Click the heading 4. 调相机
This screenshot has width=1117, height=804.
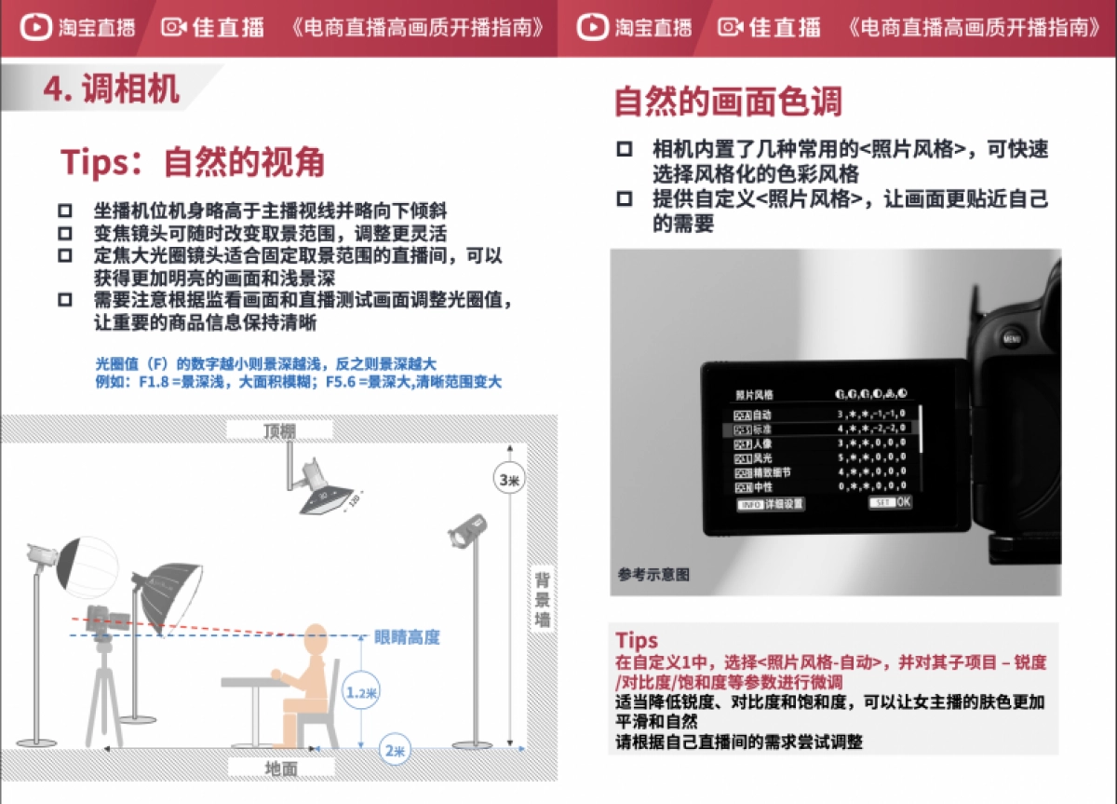pos(112,89)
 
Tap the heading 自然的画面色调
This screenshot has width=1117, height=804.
pos(728,101)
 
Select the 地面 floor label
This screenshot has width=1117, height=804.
pos(281,768)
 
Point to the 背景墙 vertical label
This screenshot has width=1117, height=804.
pos(543,599)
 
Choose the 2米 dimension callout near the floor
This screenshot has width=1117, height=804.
pos(395,751)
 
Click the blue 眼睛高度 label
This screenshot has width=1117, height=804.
pos(407,637)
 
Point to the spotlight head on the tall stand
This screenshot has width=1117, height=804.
pos(467,532)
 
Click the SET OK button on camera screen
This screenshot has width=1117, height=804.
pos(890,502)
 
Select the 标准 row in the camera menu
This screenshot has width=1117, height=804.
pos(819,429)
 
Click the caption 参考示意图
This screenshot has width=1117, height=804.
pos(653,575)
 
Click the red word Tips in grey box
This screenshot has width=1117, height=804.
pos(637,640)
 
